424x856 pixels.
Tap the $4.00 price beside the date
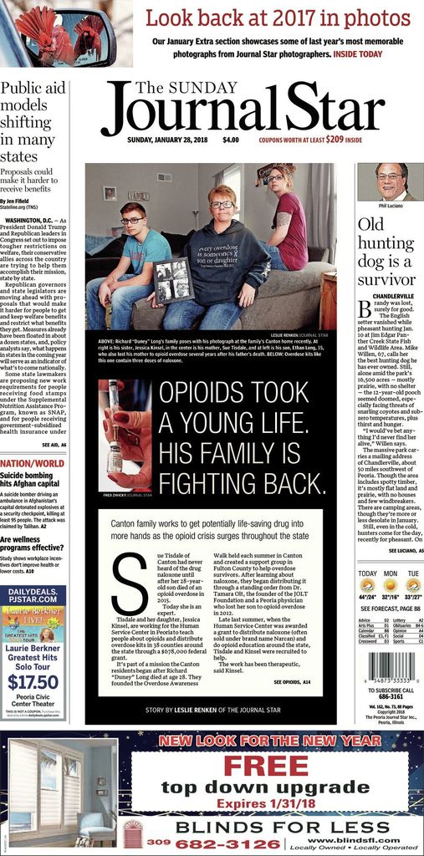point(231,140)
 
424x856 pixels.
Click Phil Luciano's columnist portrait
point(390,182)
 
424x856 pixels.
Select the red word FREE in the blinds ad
point(266,765)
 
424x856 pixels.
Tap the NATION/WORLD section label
point(32,463)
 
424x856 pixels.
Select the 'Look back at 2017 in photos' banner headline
point(278,18)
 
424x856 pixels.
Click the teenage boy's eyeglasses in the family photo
point(132,221)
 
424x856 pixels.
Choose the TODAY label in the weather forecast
point(367,574)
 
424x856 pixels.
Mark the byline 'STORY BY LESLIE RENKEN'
point(212,710)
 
